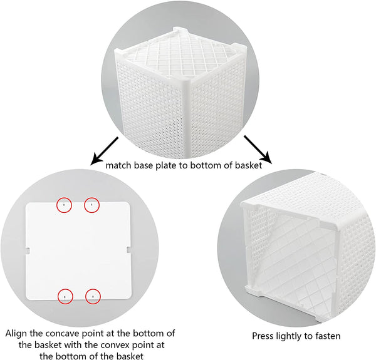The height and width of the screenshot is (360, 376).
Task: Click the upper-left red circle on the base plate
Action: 57,205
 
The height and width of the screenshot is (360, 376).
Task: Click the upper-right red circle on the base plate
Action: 85,205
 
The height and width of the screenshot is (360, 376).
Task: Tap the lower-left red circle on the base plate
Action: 58,297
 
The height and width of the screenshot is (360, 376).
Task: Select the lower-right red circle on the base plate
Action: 86,297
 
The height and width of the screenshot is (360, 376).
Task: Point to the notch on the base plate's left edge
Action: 28,250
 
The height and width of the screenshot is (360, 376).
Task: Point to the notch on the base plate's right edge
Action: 128,250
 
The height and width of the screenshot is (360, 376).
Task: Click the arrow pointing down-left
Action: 105,152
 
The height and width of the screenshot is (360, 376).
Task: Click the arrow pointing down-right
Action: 258,150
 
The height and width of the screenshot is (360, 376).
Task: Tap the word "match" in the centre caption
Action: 118,165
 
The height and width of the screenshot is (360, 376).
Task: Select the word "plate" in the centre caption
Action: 167,166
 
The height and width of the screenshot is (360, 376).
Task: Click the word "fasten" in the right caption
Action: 328,336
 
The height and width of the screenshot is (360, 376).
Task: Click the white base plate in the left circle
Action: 79,251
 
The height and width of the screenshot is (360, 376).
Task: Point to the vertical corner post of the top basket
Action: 187,117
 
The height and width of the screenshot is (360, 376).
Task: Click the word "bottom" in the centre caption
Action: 206,165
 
